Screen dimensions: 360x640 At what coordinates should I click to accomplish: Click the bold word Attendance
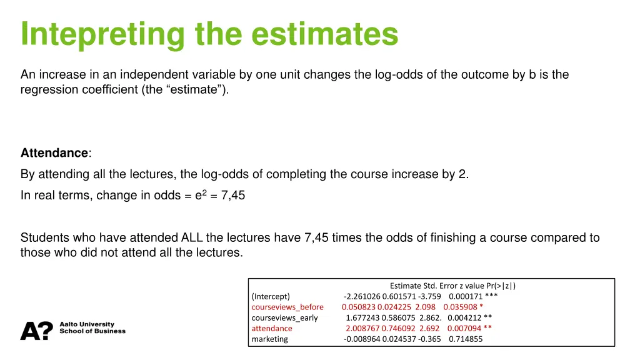pyautogui.click(x=54, y=153)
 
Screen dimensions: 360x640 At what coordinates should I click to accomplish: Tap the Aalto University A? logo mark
pyautogui.click(x=36, y=331)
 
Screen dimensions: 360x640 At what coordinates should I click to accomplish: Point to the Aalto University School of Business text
pyautogui.click(x=92, y=328)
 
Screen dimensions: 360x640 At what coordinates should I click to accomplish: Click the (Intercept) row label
pyautogui.click(x=271, y=296)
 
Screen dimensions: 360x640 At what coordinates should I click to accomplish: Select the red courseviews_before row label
pyautogui.click(x=287, y=307)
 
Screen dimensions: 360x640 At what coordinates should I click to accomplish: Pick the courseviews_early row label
pyautogui.click(x=284, y=317)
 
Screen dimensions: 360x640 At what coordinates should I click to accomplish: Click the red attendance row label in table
pyautogui.click(x=272, y=328)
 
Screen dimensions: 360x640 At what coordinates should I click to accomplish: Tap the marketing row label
pyautogui.click(x=270, y=339)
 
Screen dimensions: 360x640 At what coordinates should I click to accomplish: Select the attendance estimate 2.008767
pyautogui.click(x=362, y=328)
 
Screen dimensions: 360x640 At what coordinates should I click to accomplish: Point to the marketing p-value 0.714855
pyautogui.click(x=466, y=339)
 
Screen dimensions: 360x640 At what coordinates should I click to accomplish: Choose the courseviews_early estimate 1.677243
pyautogui.click(x=362, y=317)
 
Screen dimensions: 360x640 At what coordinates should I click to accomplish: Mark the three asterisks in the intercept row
pyautogui.click(x=491, y=296)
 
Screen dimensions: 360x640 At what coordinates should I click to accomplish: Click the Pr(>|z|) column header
pyautogui.click(x=498, y=286)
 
